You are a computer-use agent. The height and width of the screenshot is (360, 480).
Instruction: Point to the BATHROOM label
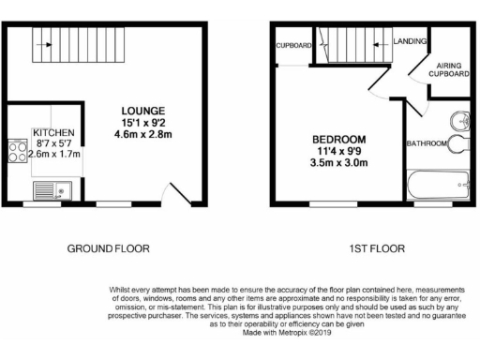426,143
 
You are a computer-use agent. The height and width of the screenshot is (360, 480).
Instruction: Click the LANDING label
409,40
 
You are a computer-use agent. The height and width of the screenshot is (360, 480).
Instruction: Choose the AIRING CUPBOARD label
447,68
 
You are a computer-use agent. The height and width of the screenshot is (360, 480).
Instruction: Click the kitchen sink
45,190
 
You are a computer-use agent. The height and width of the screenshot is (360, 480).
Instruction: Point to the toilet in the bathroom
457,144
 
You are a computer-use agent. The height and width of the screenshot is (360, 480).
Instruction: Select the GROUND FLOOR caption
108,248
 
